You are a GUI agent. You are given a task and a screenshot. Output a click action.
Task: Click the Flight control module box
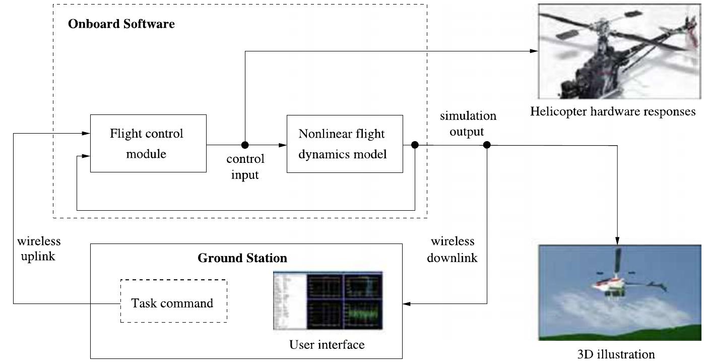(148, 143)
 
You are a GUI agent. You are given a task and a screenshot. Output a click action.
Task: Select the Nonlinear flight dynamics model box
(344, 144)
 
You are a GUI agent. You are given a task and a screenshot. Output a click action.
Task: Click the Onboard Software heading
(121, 24)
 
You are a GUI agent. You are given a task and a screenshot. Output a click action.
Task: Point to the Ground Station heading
(242, 258)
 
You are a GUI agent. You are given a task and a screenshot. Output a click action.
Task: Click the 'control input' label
(245, 167)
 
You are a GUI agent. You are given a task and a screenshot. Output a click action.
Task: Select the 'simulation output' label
(468, 124)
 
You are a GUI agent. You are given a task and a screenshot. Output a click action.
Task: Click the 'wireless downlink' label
(452, 250)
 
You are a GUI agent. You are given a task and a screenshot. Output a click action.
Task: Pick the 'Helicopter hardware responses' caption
(613, 111)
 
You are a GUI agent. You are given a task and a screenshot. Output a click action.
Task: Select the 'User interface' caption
(327, 345)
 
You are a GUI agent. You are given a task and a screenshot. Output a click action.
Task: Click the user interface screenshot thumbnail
(328, 300)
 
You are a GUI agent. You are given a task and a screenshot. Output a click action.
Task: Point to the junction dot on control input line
(245, 145)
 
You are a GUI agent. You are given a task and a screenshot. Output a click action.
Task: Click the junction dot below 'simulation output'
(487, 145)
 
